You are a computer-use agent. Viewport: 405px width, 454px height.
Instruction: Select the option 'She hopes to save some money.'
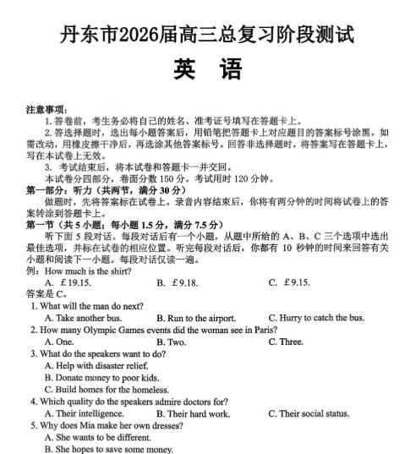(107, 448)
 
